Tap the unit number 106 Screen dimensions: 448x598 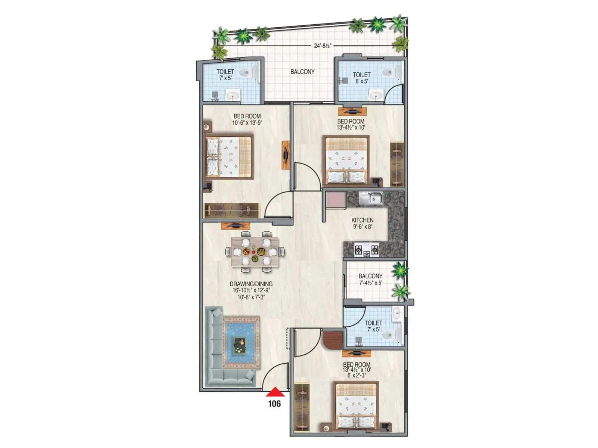[x=274, y=404]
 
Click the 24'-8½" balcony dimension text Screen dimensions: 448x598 [x=323, y=46]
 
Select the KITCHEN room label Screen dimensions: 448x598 [x=362, y=220]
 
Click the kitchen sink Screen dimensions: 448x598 [x=371, y=198]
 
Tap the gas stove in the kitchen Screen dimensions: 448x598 [x=366, y=249]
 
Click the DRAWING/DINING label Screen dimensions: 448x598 [x=251, y=284]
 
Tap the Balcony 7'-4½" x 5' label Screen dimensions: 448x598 [x=370, y=279]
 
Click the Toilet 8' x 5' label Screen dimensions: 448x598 [x=361, y=78]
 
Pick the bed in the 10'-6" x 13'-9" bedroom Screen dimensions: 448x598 [x=229, y=157]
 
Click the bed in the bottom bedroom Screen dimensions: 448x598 [x=357, y=407]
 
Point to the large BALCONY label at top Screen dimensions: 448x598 [x=302, y=72]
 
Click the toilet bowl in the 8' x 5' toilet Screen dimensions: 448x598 [x=392, y=72]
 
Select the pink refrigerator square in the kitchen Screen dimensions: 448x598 [x=335, y=200]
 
